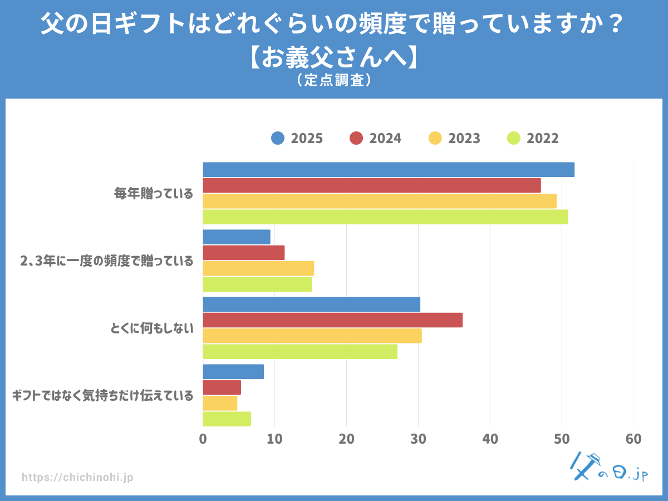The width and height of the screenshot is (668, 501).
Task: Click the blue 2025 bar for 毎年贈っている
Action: [x=389, y=170]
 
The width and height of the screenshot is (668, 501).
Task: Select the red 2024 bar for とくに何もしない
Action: [x=332, y=320]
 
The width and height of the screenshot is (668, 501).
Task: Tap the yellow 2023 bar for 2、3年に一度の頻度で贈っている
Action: [x=258, y=268]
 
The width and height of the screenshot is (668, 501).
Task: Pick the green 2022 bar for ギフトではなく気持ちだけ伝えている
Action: [x=227, y=419]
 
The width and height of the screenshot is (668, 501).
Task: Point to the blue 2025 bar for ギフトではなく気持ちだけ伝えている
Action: [x=233, y=371]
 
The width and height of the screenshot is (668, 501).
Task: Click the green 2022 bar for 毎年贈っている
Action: [x=385, y=217]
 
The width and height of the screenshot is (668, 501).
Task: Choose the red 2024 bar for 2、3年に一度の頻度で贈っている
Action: [x=243, y=253]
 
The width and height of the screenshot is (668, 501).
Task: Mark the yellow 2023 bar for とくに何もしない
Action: [x=312, y=336]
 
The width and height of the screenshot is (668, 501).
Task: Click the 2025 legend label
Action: [x=307, y=139]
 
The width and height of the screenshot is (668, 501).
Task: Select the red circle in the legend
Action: [x=356, y=139]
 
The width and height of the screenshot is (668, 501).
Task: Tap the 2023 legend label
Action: [x=464, y=139]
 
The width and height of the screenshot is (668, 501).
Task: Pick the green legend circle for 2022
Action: [x=514, y=139]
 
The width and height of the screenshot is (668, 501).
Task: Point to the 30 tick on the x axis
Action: [x=418, y=439]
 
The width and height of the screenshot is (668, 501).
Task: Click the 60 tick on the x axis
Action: [x=633, y=439]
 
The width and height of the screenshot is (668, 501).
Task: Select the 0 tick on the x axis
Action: [x=203, y=439]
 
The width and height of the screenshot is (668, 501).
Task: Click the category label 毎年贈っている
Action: [x=154, y=194]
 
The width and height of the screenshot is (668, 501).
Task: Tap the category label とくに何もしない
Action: [x=152, y=328]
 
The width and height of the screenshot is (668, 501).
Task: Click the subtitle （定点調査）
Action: [x=334, y=81]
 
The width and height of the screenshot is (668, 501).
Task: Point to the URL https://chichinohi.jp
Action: [x=77, y=478]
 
